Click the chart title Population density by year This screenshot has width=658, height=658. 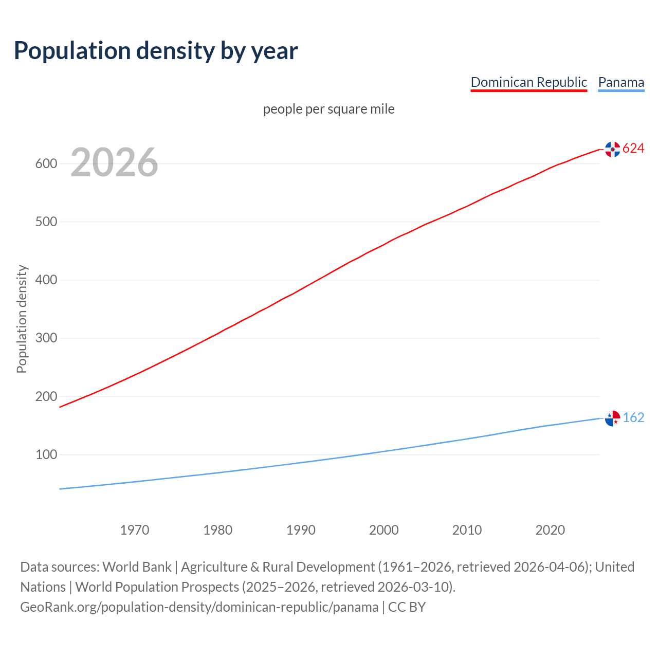coord(156,50)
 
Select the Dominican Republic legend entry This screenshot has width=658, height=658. coord(528,82)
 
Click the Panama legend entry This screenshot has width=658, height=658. coord(621,82)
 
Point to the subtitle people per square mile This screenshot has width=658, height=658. coord(329,109)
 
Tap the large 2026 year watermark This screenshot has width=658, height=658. coord(114,162)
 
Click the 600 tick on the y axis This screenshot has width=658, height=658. coord(46,163)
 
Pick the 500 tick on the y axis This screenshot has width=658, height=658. coord(46,222)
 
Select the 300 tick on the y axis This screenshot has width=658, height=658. coord(46,338)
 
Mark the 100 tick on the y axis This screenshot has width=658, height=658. coord(46,454)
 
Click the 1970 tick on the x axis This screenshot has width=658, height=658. coord(135,530)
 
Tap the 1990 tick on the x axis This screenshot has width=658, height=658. coord(301,530)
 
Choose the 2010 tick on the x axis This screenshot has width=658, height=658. coord(467,530)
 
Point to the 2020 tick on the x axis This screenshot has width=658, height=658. coord(550,530)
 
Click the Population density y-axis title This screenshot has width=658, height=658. coord(22,319)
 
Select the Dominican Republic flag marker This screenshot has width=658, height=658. coord(612,149)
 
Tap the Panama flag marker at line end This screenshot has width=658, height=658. coord(612,418)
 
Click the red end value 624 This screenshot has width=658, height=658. coord(633,149)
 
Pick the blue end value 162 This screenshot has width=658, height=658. coord(633,417)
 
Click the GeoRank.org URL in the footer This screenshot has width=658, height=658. coord(199,607)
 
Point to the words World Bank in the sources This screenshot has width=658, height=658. coord(137,567)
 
